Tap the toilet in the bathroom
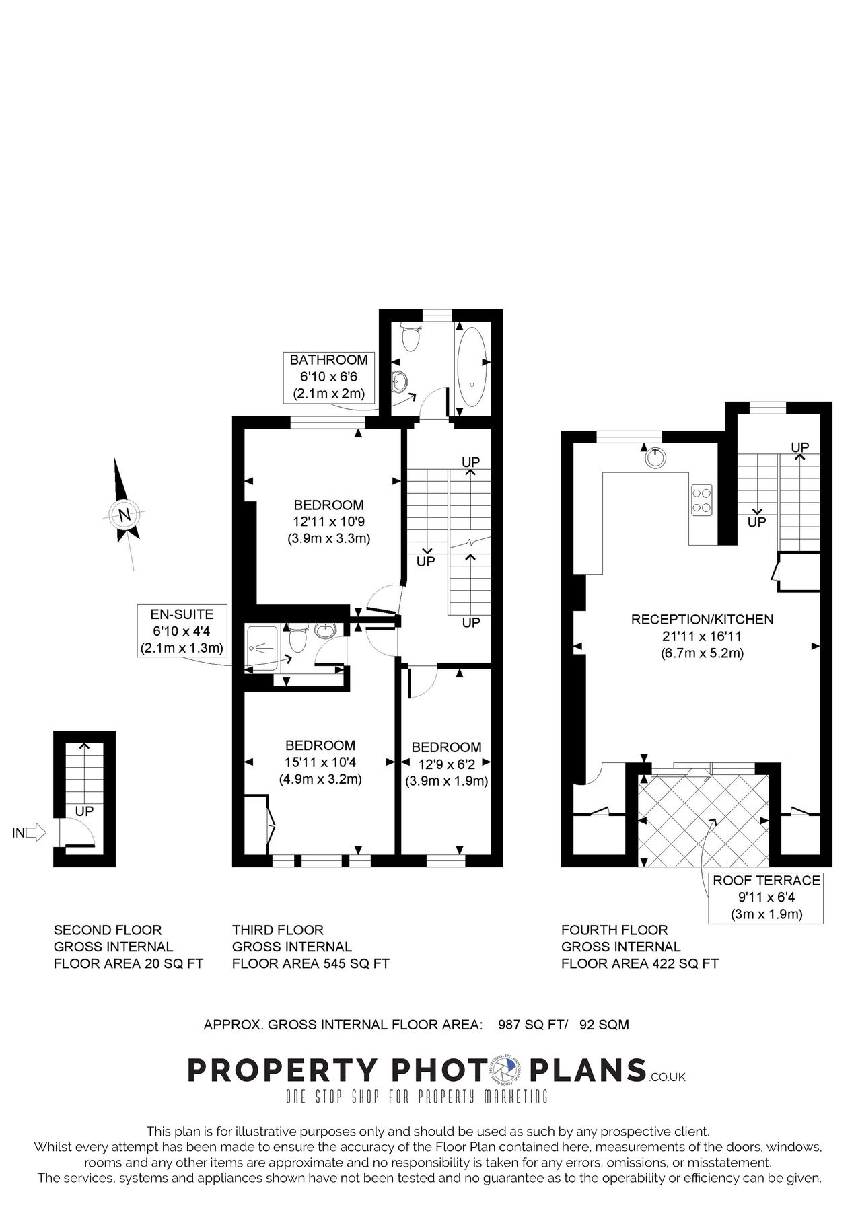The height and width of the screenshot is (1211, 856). tap(409, 336)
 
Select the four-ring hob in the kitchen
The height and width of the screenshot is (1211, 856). tap(702, 500)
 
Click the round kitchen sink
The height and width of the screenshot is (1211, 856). tap(655, 458)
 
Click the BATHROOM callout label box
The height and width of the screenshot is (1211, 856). tap(328, 377)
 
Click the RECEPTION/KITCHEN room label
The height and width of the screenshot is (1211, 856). tap(702, 620)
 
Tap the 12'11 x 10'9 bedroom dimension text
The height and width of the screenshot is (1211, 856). tap(329, 521)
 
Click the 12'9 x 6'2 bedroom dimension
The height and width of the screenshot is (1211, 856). tap(446, 764)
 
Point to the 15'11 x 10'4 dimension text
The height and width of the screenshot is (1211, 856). tap(320, 762)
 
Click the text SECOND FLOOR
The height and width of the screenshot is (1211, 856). tap(108, 930)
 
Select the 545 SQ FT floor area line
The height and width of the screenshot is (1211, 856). tap(310, 963)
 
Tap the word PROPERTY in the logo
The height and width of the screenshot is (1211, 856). tap(283, 1070)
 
